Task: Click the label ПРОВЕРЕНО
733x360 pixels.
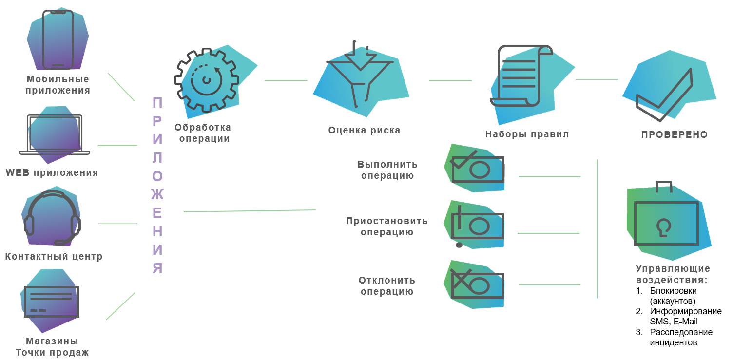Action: click(675, 135)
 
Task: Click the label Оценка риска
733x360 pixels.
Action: click(364, 131)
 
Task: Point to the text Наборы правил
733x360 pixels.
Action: click(527, 134)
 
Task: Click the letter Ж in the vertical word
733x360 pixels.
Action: click(157, 194)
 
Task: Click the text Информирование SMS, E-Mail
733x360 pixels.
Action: click(686, 316)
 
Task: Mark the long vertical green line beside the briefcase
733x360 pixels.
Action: click(597, 229)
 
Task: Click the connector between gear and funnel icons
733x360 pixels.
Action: click(286, 80)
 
